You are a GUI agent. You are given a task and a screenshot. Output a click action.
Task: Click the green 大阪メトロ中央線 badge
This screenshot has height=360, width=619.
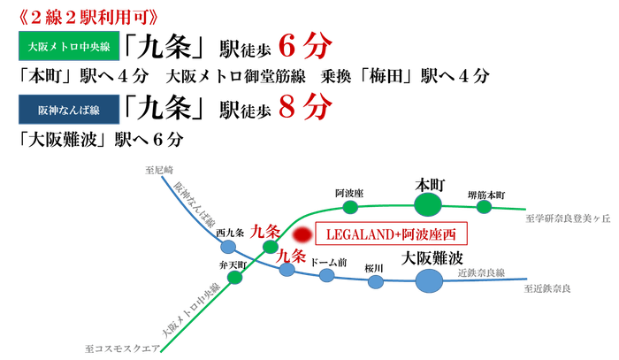point(69,46)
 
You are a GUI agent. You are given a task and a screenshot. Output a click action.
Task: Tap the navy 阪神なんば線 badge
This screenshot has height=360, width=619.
point(69,110)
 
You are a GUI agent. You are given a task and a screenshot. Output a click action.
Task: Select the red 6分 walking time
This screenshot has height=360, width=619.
point(305,46)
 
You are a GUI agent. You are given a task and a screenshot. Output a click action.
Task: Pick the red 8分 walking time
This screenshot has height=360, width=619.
point(305,106)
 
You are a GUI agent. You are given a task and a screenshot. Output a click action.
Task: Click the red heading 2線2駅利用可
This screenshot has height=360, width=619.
point(88,17)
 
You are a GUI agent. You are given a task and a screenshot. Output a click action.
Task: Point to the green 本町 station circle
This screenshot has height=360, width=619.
point(428,205)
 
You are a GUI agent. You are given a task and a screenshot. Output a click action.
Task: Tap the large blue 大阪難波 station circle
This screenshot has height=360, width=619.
point(429,281)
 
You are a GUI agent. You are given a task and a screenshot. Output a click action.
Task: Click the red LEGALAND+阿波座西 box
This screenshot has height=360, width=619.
point(391,234)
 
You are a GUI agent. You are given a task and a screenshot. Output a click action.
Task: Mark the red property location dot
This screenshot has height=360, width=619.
point(302,235)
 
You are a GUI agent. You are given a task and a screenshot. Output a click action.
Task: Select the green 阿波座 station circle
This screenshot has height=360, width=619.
point(350,207)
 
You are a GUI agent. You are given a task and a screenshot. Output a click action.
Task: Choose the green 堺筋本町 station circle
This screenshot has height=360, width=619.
point(484,207)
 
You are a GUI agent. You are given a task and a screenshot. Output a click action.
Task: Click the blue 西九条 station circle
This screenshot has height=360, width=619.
point(228,248)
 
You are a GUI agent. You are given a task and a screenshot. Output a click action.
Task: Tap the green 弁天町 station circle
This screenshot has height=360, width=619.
point(235,278)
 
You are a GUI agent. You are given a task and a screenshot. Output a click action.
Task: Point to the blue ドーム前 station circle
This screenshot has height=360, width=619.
point(327,275)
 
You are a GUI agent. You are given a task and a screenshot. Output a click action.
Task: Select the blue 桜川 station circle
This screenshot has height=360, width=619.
point(376,282)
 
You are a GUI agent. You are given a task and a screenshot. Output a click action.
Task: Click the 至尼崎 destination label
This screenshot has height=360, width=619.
point(159,170)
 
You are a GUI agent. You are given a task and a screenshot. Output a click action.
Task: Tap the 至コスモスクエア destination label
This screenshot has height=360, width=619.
point(123,349)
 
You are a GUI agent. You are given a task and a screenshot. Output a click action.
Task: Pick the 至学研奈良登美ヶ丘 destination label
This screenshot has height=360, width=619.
point(568,218)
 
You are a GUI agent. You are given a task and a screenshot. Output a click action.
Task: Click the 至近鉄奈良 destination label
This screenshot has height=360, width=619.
point(547,288)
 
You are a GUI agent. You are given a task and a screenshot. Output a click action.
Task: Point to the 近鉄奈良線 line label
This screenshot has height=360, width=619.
point(481,272)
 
